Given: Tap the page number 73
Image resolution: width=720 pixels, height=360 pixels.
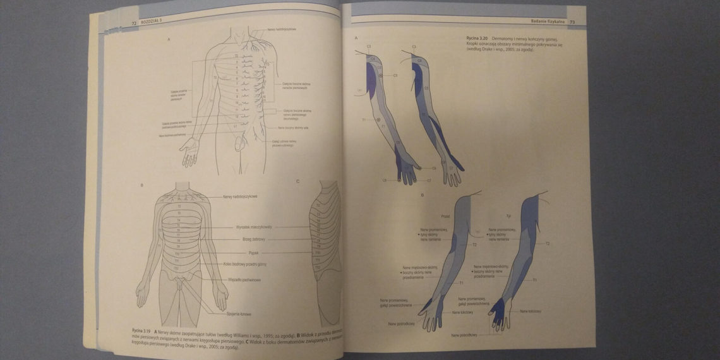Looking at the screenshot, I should [x=572, y=22].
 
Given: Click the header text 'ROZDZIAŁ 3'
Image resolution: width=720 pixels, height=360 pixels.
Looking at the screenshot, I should [x=150, y=23].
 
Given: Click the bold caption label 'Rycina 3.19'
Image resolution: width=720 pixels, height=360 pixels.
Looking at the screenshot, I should [x=142, y=331].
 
